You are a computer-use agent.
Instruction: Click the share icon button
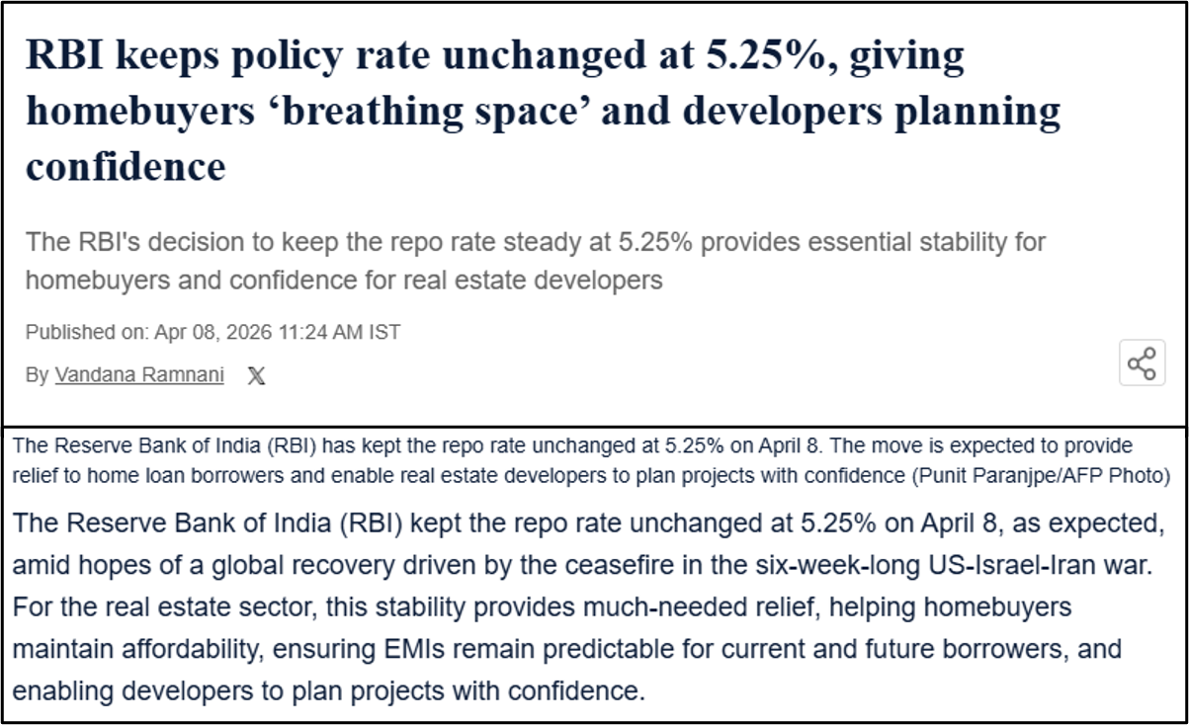[x=1143, y=362]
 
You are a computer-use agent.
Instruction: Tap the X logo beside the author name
[x=256, y=375]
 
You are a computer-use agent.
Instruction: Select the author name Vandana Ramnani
[x=139, y=374]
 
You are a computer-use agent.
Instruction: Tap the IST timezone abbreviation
[x=384, y=332]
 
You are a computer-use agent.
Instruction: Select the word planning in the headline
[x=977, y=112]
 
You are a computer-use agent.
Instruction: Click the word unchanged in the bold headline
[x=544, y=55]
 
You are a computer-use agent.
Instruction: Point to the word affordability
[x=193, y=650]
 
